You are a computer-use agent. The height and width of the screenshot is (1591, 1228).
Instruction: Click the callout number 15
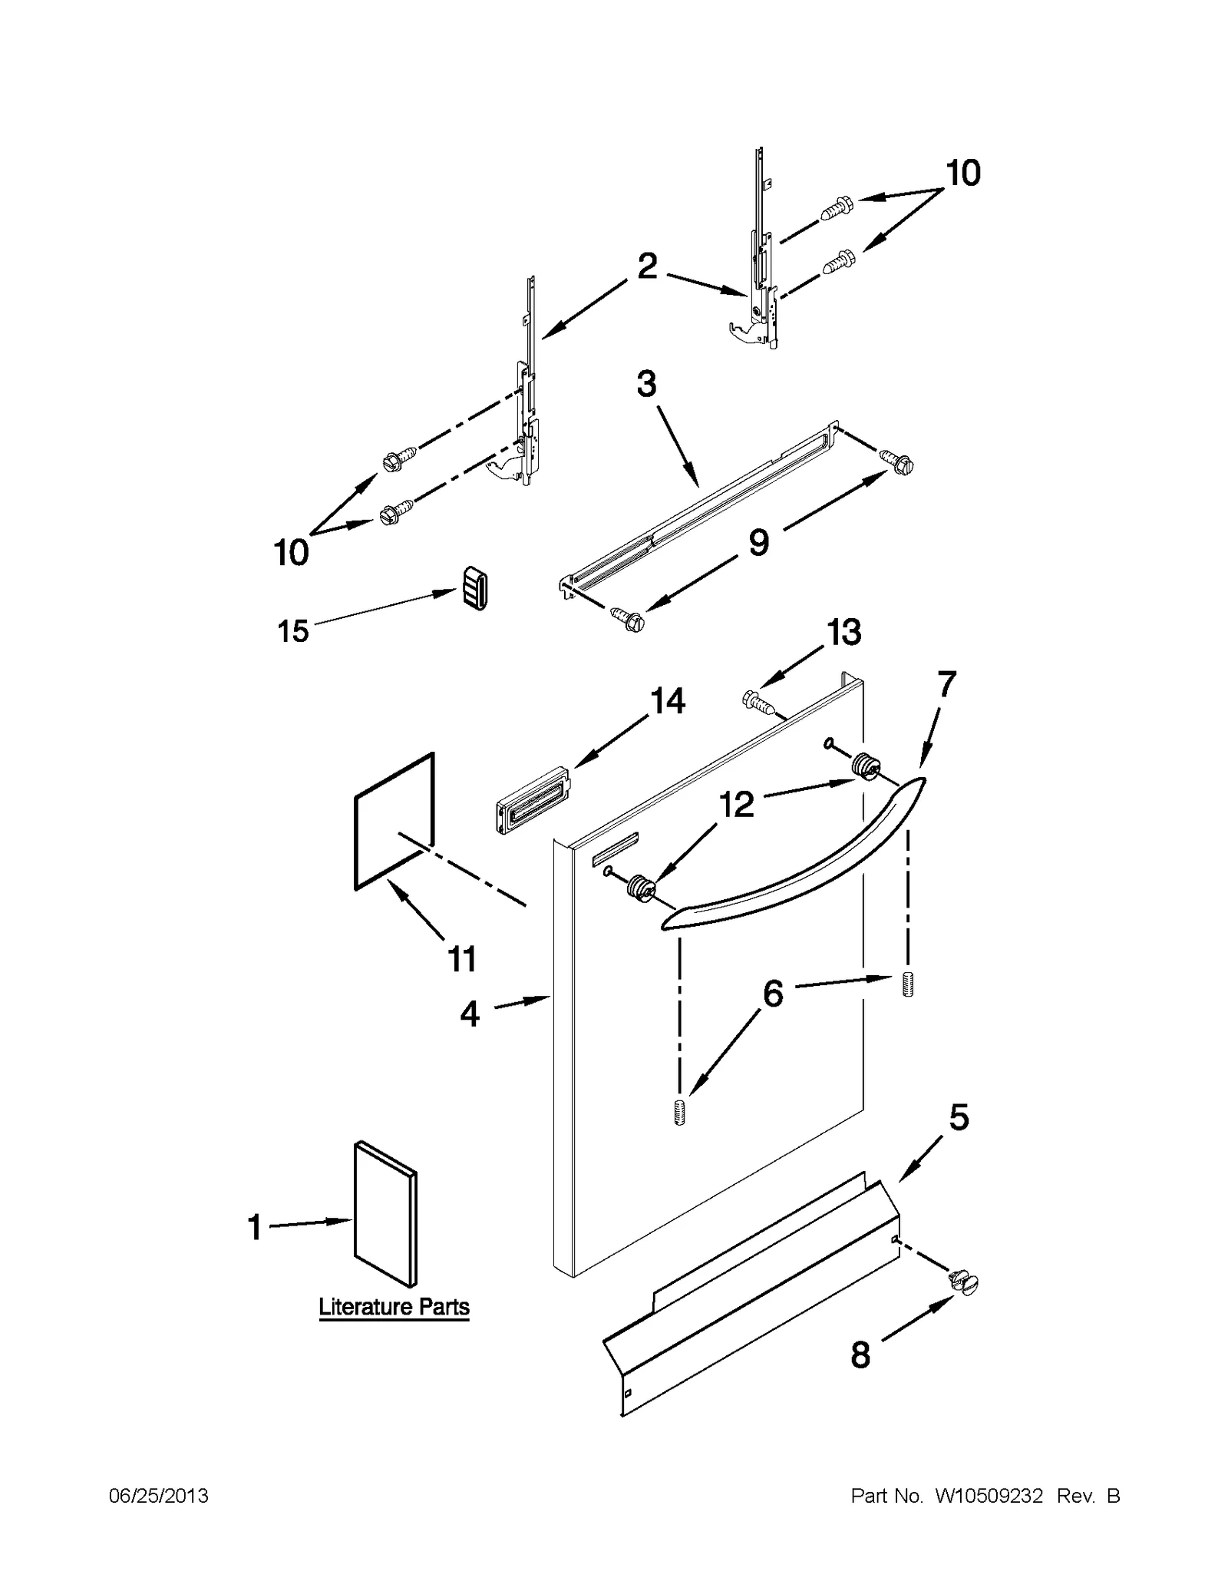pos(292,631)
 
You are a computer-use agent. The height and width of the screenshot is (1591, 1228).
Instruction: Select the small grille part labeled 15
pos(475,590)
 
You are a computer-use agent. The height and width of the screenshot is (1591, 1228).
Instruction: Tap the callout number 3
pos(646,383)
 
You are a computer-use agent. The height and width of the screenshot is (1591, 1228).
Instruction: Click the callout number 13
pos(843,633)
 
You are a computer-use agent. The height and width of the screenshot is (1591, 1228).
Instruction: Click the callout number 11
pos(462,959)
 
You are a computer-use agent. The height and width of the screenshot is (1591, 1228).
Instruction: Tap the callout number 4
pos(470,1014)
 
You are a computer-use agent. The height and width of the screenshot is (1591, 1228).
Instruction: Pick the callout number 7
pos(946,683)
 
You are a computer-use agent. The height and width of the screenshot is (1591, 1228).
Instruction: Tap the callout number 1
pos(255,1227)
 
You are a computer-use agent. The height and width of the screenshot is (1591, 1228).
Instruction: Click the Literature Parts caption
pos(394,1306)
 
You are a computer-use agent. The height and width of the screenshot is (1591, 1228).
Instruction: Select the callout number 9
pos(758,543)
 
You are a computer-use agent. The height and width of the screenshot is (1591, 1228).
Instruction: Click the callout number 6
pos(772,994)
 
